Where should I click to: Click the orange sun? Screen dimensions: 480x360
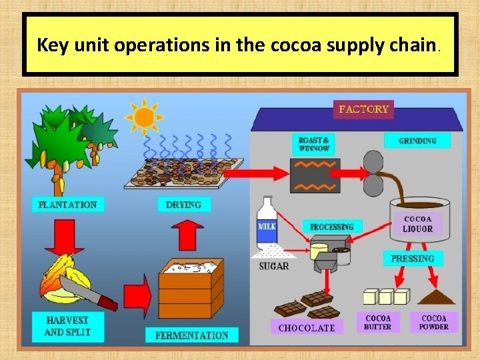tap(144, 117)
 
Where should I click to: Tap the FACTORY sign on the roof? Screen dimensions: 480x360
tap(363, 109)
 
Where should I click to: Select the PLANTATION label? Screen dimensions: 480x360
tap(68, 205)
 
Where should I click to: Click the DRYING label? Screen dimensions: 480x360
tap(184, 205)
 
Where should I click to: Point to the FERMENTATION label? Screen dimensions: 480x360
tap(192, 335)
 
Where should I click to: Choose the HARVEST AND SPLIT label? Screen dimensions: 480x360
tap(68, 326)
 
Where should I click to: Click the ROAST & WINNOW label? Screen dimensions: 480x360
tap(314, 144)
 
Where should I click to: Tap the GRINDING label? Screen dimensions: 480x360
tap(417, 141)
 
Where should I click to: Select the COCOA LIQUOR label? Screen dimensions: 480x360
tap(418, 224)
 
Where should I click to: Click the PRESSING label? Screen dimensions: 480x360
tap(413, 259)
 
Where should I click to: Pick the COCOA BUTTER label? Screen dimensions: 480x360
tap(378, 322)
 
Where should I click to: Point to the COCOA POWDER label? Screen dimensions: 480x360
tap(434, 322)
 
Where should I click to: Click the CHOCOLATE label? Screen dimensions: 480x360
tap(307, 327)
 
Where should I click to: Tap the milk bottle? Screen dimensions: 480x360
tap(267, 222)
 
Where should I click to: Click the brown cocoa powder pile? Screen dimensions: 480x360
tap(436, 297)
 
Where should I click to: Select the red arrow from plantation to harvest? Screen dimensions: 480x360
tap(65, 237)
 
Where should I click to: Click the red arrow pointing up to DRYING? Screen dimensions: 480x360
tap(187, 235)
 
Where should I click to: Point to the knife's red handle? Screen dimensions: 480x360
tap(107, 303)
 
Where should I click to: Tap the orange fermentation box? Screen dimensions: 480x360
tap(191, 289)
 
